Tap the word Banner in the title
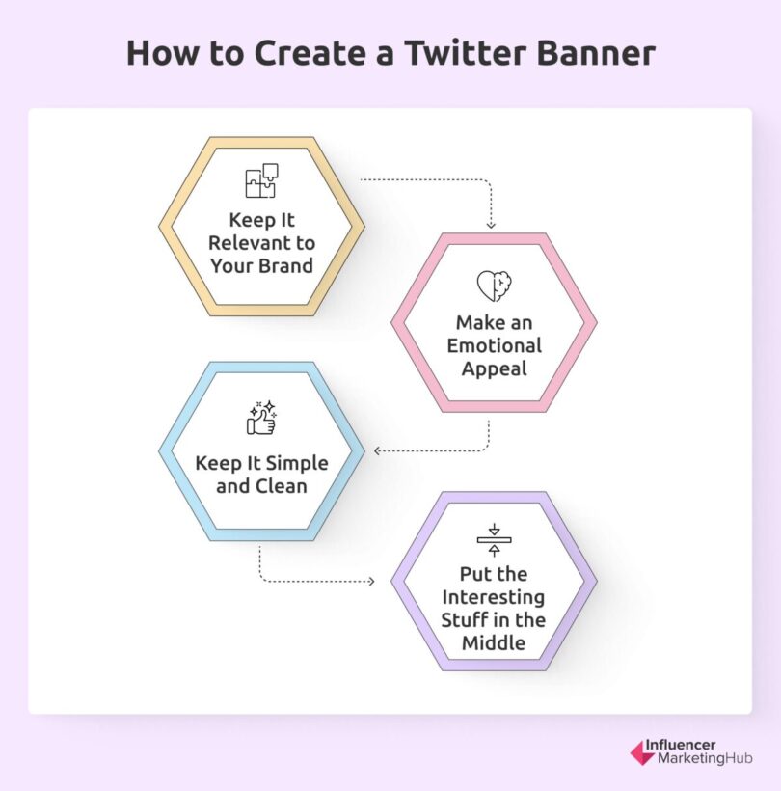pyautogui.click(x=596, y=53)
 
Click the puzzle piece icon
pyautogui.click(x=261, y=180)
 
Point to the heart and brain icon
pyautogui.click(x=494, y=286)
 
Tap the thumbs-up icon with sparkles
pyautogui.click(x=261, y=417)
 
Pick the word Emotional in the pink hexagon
pyautogui.click(x=494, y=345)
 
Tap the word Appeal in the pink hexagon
pyautogui.click(x=494, y=368)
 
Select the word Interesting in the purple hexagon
pyautogui.click(x=494, y=598)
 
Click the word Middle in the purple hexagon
pyautogui.click(x=494, y=643)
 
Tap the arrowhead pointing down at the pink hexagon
pyautogui.click(x=491, y=225)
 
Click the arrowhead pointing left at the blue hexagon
pyautogui.click(x=376, y=450)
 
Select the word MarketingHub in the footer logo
pyautogui.click(x=704, y=759)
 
